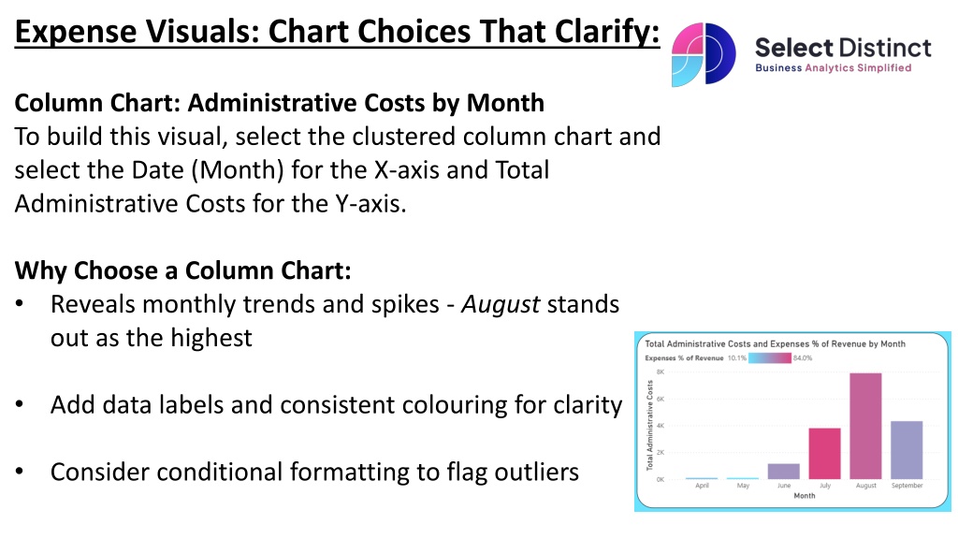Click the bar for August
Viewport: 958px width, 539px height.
tap(865, 426)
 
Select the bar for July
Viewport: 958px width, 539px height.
tap(825, 454)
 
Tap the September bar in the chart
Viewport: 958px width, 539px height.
tap(907, 450)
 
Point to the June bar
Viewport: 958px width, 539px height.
tap(784, 472)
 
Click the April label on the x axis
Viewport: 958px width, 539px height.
tap(702, 486)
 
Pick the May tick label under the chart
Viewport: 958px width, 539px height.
tap(743, 486)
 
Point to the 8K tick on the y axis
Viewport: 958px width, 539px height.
tap(660, 371)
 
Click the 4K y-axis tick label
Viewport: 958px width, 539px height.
tap(660, 426)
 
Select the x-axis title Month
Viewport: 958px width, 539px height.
tap(804, 496)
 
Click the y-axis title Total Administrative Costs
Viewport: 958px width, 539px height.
tap(649, 426)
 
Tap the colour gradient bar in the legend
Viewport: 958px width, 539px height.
tap(770, 358)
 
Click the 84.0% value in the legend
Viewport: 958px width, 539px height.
tap(803, 358)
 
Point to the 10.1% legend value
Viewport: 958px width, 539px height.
tap(737, 358)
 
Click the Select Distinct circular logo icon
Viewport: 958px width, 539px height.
tap(704, 54)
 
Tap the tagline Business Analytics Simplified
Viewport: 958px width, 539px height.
tap(834, 67)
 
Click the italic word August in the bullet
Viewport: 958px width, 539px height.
tap(501, 305)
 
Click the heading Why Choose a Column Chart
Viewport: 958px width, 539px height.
tap(182, 270)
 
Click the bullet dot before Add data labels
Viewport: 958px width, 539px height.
tap(20, 404)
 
